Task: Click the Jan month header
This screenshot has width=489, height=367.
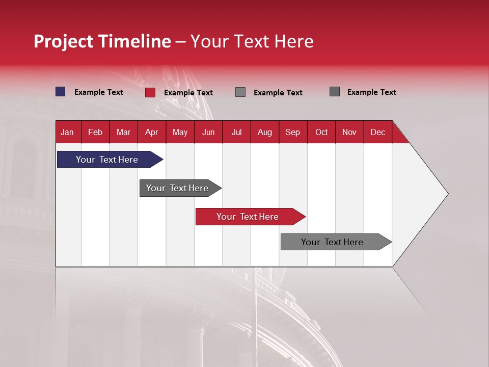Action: [x=67, y=133]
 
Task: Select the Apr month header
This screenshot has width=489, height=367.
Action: [x=151, y=133]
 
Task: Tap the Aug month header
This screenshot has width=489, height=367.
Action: [x=264, y=133]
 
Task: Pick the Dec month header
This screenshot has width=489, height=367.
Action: [x=377, y=133]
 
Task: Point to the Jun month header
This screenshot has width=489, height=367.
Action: [x=208, y=133]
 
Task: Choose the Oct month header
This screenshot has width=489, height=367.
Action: [x=321, y=133]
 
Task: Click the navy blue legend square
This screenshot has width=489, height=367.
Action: [x=61, y=92]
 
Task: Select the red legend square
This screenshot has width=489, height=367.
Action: [x=150, y=92]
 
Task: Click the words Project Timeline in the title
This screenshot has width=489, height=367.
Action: [x=102, y=41]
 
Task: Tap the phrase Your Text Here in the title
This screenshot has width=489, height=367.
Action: [x=252, y=41]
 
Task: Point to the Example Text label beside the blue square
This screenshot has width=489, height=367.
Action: [x=99, y=92]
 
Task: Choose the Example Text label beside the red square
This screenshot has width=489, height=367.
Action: [x=188, y=93]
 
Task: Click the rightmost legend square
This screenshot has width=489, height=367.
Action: [x=335, y=92]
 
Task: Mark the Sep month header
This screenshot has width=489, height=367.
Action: [x=292, y=133]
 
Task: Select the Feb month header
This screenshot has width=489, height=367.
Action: [x=95, y=133]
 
